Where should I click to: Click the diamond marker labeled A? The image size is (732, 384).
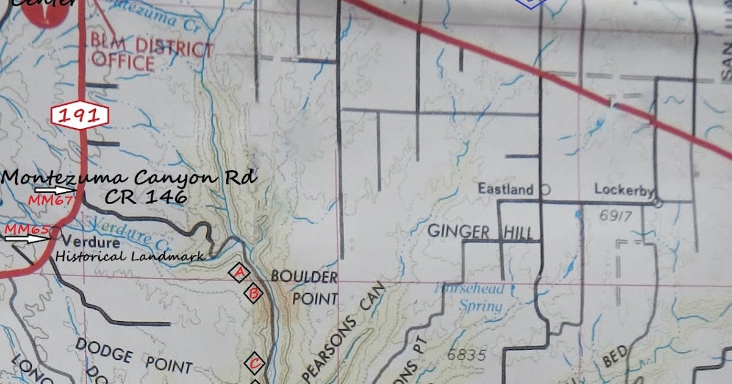pos(239,272)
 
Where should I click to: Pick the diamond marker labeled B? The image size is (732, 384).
pos(253,294)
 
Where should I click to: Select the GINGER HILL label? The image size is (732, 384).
pos(480,232)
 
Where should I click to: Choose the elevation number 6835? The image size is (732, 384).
pos(467,355)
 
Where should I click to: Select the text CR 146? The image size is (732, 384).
pos(145,197)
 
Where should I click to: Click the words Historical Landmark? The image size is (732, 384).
pos(131,257)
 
